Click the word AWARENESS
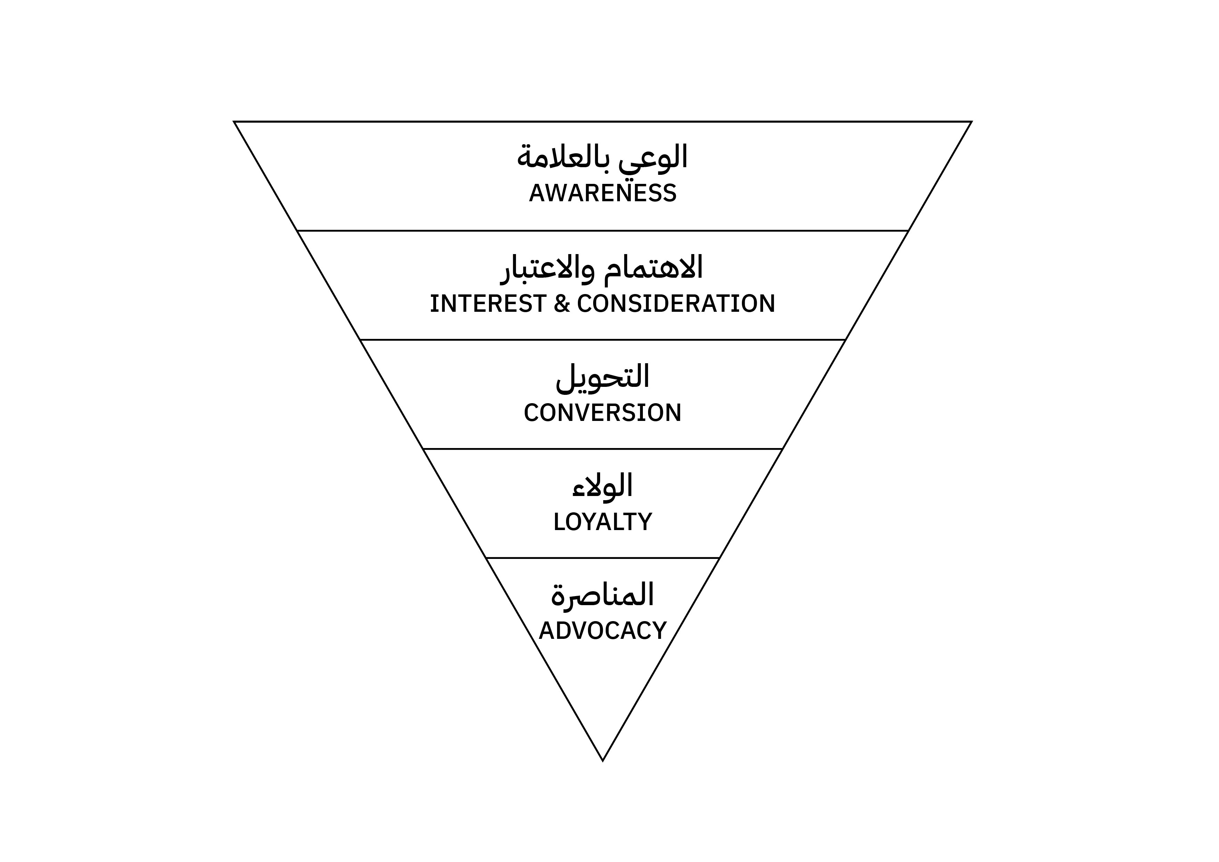tap(603, 193)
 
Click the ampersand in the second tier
tap(562, 304)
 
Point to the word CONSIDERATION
tap(676, 304)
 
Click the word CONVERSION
tap(603, 413)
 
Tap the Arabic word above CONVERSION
tap(603, 377)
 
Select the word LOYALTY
tap(603, 522)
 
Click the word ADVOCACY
tap(603, 631)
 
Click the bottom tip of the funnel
tap(603, 761)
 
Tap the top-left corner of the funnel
tap(235, 122)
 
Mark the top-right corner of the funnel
tap(971, 122)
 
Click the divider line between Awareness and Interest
tap(603, 230)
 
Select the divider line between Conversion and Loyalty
tap(603, 449)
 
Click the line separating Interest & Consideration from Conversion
tap(603, 339)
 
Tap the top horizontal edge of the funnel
tap(603, 122)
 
